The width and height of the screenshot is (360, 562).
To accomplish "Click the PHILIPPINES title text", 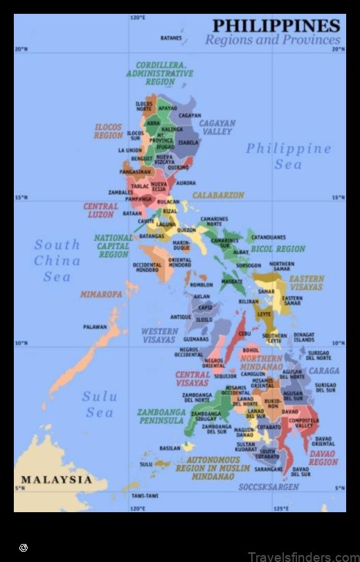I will [x=276, y=26].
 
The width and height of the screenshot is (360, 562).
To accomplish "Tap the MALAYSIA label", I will [x=56, y=480].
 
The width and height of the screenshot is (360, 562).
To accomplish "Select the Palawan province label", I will [x=95, y=327].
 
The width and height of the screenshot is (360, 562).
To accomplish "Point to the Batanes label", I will [x=171, y=38].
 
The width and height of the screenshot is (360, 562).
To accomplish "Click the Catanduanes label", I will [x=268, y=237].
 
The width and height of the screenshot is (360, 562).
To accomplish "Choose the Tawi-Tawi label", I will [x=145, y=496].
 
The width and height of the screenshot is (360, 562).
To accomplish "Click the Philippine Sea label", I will [x=288, y=156].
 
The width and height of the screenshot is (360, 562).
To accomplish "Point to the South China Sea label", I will [x=57, y=260].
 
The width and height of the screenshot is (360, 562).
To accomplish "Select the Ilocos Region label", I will [x=108, y=132].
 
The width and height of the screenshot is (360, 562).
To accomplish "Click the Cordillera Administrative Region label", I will [x=160, y=73].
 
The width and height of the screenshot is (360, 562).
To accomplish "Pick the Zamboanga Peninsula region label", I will [x=161, y=416].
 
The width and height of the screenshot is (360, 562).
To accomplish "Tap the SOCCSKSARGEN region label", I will [x=269, y=487].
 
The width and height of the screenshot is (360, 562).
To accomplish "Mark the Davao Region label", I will [x=323, y=458].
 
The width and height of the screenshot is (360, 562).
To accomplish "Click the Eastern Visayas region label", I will [x=306, y=283].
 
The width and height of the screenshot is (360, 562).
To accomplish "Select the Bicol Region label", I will [x=277, y=249].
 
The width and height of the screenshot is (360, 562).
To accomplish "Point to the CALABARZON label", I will [x=218, y=195].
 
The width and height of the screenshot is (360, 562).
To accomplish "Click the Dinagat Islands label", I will [x=303, y=338].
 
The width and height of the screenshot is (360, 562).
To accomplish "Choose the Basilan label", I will [x=170, y=448].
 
